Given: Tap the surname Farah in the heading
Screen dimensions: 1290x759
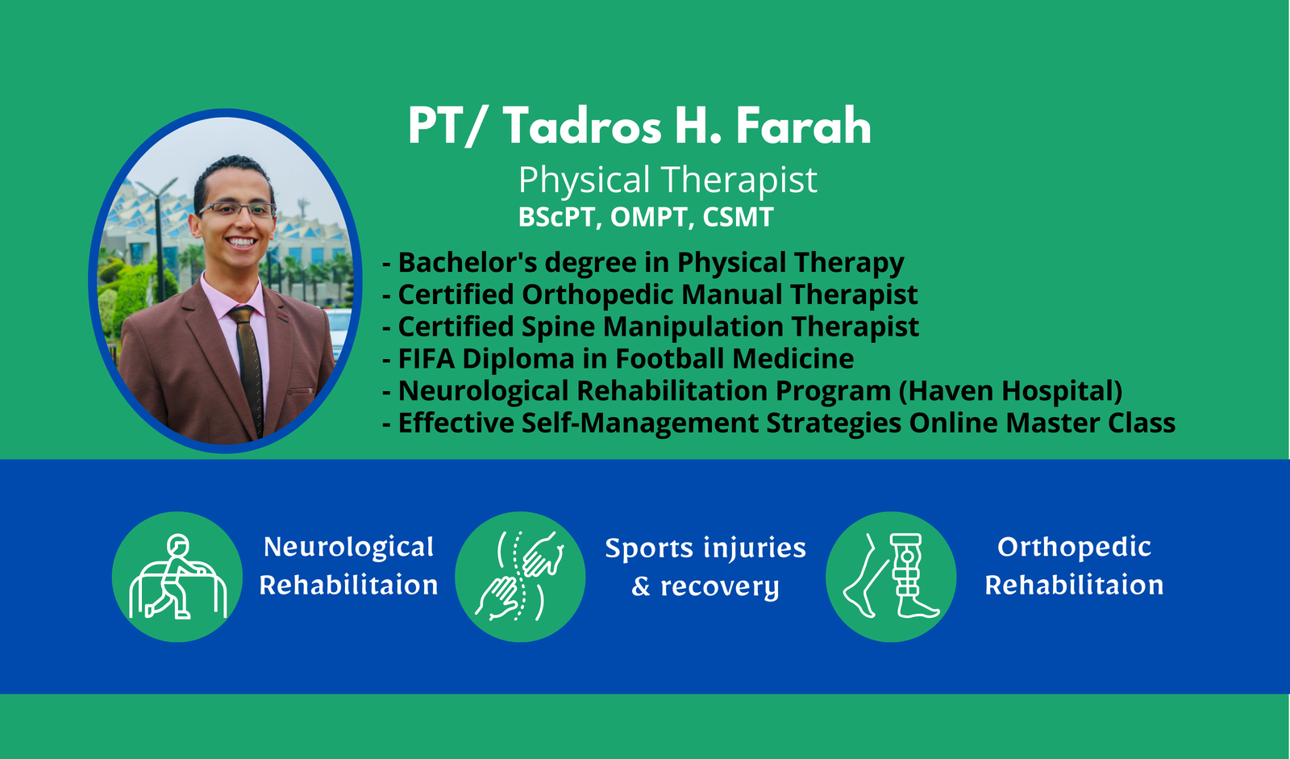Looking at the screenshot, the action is pos(803,126).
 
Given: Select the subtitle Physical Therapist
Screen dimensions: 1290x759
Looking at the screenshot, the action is pos(668,179).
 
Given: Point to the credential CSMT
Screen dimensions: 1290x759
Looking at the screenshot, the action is pos(738,217).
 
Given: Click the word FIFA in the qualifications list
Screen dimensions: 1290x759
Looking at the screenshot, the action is pos(427,358).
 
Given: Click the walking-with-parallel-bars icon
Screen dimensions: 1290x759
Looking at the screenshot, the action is pos(177,577).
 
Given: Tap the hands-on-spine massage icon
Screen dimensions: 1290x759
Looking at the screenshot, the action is pos(520,577).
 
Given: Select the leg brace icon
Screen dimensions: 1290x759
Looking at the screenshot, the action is pos(891,577).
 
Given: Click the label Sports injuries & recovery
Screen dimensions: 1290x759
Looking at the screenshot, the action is pos(705,567).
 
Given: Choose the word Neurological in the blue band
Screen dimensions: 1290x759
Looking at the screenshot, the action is pos(348,547).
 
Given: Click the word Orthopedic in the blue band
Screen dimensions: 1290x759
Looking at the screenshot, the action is pos(1074,547).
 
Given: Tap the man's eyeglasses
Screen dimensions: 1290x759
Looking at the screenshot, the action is pos(237,209).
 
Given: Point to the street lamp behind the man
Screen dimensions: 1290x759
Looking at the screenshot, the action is pos(157,236).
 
